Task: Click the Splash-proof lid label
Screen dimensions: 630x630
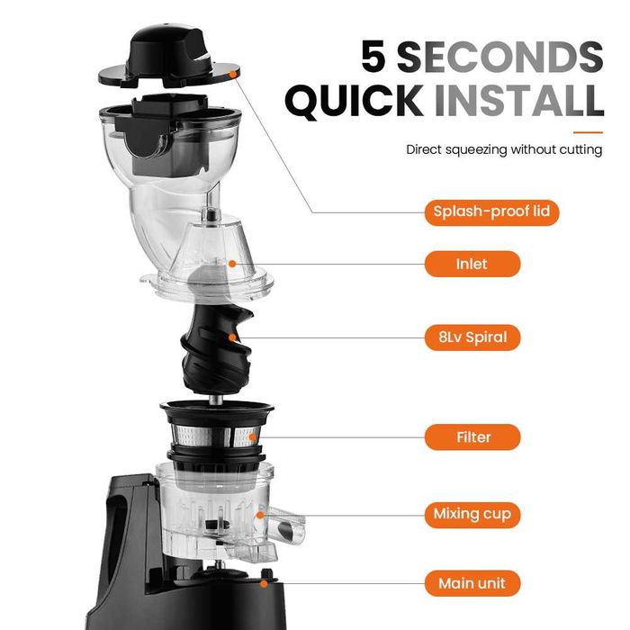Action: coord(491,212)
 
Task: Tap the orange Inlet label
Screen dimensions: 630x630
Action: coord(472,264)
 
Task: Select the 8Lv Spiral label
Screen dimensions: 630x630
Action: coord(472,337)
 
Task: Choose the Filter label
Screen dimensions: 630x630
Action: coord(472,436)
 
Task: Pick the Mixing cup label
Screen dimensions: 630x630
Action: coord(472,514)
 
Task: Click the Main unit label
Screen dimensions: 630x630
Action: coord(472,583)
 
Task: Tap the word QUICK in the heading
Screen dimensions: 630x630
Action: coord(355,101)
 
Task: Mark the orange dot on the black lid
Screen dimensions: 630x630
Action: coord(232,74)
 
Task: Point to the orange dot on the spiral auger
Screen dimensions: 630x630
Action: coord(232,337)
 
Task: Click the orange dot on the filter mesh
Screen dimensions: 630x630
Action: coord(252,437)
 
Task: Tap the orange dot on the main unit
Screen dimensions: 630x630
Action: coord(264,583)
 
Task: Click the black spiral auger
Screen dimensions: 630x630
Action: coord(217,349)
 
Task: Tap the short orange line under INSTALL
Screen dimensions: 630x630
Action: coord(588,131)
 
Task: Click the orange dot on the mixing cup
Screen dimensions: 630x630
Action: coord(260,515)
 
